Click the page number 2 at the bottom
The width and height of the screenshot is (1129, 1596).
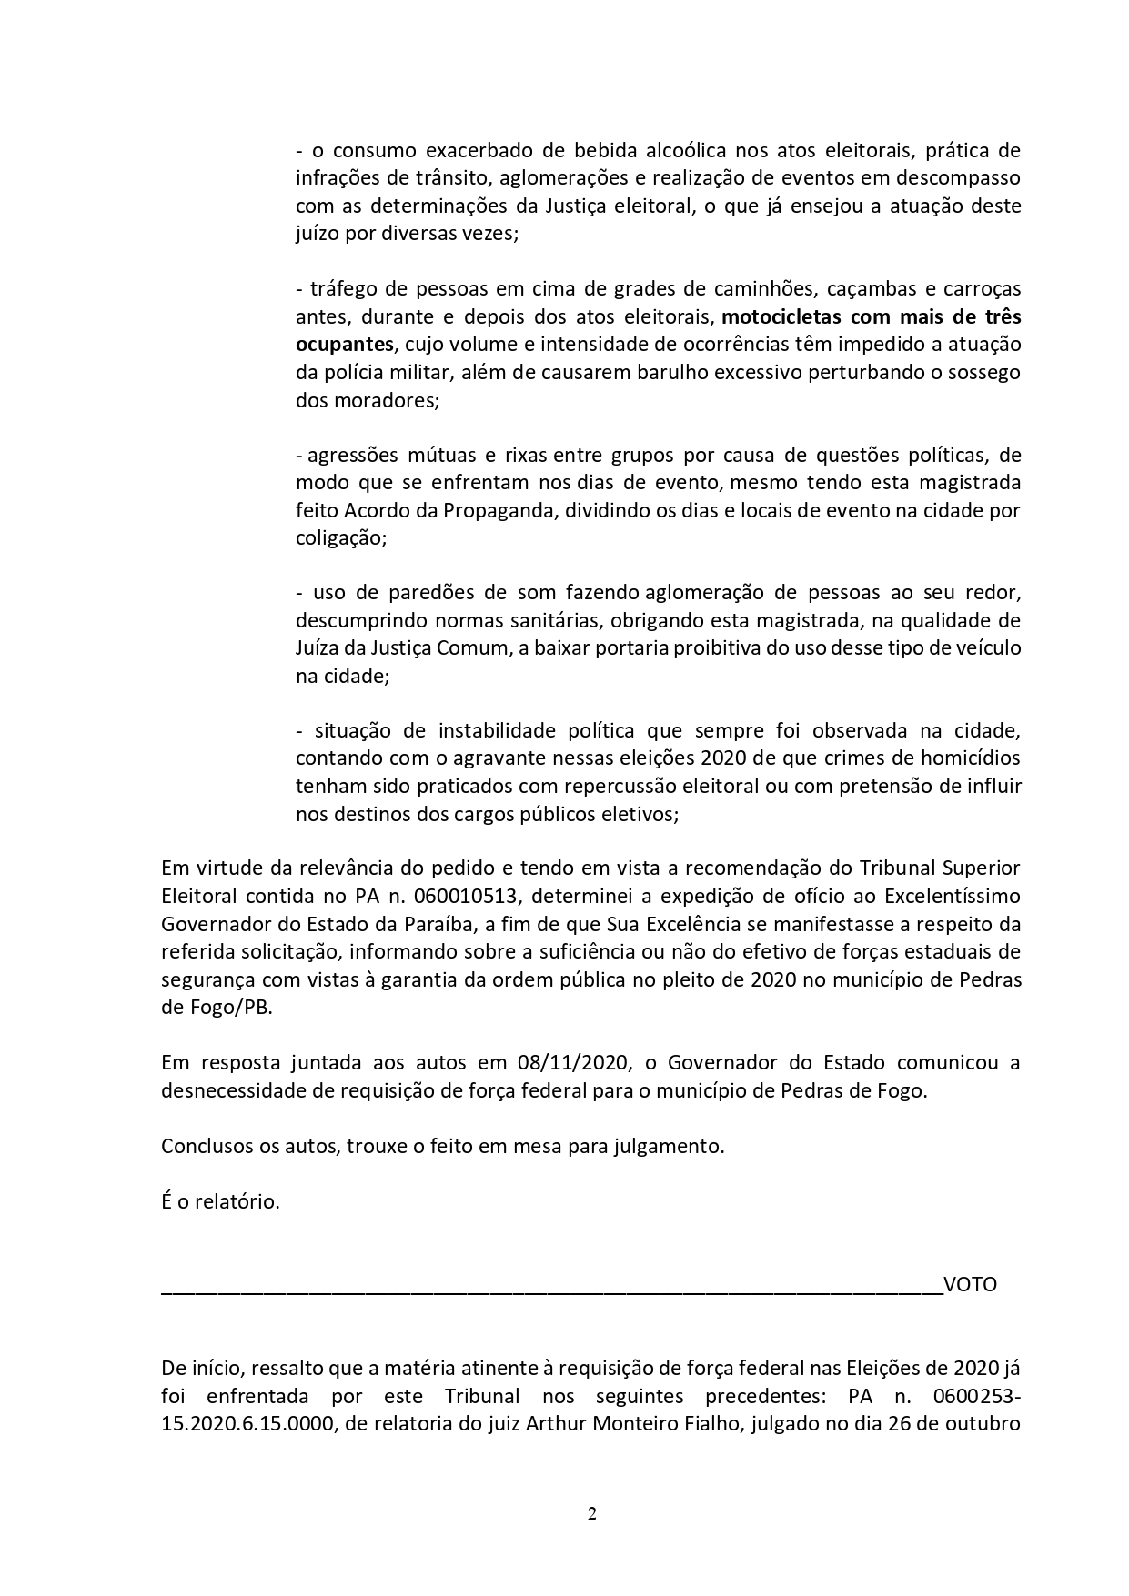(592, 1514)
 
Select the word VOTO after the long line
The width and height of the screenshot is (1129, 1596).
(970, 1285)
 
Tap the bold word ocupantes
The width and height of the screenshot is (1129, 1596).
(345, 344)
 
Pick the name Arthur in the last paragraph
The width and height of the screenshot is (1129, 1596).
(556, 1423)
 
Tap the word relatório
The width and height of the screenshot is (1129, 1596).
(237, 1201)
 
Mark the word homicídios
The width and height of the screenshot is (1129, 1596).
(963, 758)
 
